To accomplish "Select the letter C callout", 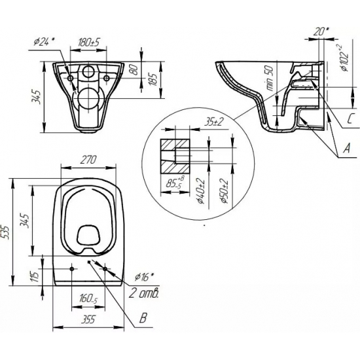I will click(x=351, y=119).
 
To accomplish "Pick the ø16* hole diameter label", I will click(x=143, y=277).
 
